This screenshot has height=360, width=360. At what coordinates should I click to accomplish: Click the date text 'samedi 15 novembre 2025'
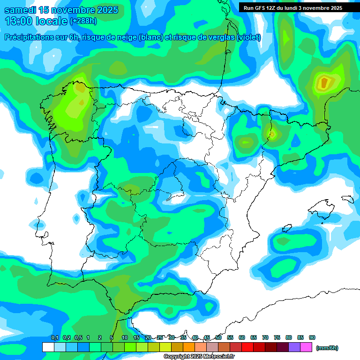coord(61,10)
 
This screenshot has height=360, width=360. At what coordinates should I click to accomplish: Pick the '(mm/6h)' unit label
coord(327,348)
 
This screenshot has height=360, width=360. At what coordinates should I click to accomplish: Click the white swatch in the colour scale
coord(48,347)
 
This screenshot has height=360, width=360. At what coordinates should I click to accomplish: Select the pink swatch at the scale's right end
coord(306,347)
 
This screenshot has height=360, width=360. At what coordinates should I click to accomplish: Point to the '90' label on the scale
coord(312,337)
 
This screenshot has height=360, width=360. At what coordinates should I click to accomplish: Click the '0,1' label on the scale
coord(54,337)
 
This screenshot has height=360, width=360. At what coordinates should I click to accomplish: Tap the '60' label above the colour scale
coord(242,337)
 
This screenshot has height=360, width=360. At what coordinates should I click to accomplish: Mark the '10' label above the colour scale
coord(125,337)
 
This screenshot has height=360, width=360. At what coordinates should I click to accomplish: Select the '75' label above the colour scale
coord(277,337)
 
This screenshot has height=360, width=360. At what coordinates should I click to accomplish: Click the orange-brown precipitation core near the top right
coord(324,83)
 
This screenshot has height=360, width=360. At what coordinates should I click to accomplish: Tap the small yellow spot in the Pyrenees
coord(271,135)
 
